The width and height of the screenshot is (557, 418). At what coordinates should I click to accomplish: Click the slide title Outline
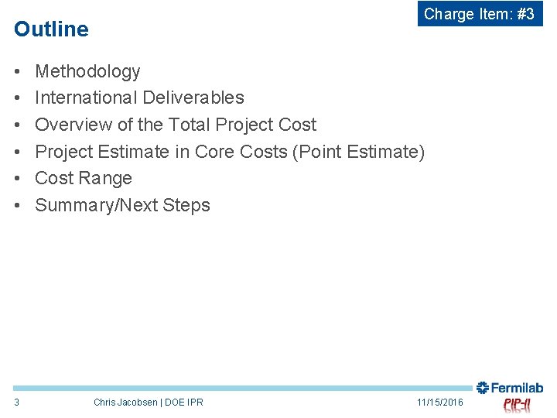coord(51,29)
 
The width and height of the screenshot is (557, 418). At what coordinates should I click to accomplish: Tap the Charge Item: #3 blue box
coord(480,14)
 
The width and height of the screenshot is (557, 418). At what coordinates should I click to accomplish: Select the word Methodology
coord(87,71)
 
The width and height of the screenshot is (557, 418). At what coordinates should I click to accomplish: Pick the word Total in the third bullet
coord(190,125)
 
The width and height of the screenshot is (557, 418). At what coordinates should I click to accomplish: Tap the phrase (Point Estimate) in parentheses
coord(358,152)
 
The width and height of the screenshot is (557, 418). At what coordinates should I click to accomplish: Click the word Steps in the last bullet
coord(186,205)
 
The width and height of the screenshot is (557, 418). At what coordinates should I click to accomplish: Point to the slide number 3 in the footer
coord(17,402)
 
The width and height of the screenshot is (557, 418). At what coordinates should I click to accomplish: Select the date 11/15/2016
coord(439,402)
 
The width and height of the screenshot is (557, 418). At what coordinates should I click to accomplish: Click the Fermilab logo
coord(510,388)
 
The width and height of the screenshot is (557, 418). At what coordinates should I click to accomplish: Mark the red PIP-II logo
coord(517,405)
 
